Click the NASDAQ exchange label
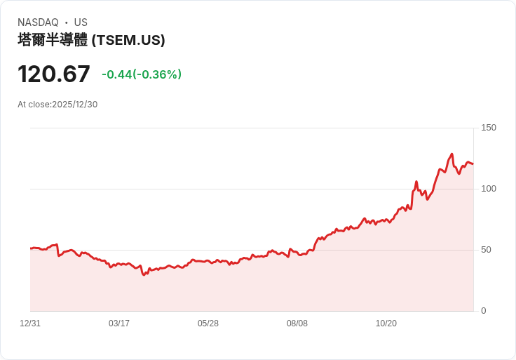38,22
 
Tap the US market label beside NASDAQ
81,22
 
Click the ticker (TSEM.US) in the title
128,40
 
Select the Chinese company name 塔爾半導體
53,40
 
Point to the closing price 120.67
54,74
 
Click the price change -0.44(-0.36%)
142,74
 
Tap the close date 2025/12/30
75,105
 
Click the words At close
34,105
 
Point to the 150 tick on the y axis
489,128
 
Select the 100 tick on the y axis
489,189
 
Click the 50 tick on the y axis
487,250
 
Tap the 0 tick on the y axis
484,311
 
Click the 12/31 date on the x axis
30,324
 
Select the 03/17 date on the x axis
119,324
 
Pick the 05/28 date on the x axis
208,324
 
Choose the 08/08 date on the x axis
297,324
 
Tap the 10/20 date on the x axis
386,324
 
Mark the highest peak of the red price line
451,154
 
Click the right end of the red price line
473,164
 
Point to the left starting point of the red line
31,248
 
